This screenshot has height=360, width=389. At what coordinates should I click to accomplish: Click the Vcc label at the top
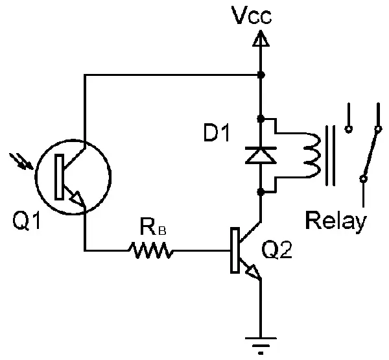[252, 16]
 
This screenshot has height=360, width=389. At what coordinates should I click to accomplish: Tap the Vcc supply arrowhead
[261, 38]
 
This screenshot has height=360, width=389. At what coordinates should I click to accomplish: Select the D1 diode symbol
[261, 155]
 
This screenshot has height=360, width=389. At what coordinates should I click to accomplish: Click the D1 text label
[217, 134]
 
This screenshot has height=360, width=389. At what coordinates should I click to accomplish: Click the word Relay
[336, 221]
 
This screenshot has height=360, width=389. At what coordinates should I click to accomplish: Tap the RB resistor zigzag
[151, 250]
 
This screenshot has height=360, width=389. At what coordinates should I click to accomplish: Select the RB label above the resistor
[153, 226]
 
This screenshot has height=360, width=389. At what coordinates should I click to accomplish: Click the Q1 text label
[27, 221]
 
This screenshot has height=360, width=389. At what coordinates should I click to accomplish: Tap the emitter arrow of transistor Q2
[253, 272]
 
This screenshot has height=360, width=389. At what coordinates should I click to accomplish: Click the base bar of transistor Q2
[235, 250]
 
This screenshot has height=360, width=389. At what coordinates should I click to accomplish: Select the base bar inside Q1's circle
[59, 176]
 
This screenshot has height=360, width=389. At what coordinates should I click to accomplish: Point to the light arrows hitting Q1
[21, 162]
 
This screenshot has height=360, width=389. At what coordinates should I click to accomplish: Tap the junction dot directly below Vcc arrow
[261, 75]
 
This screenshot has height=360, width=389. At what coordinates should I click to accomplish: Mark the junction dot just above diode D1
[261, 119]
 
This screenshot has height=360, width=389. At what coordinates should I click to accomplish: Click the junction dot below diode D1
[261, 192]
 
